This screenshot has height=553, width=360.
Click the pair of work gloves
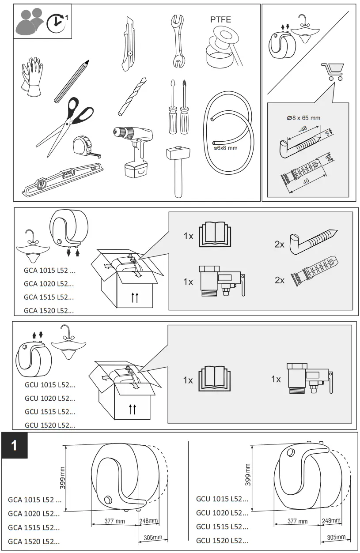pyautogui.click(x=31, y=78)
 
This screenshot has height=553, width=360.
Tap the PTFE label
pyautogui.click(x=220, y=20)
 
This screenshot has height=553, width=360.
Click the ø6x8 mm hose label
pyautogui.click(x=226, y=148)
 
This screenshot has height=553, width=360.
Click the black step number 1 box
pyautogui.click(x=15, y=445)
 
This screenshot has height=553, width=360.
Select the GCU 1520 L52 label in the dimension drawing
pyautogui.click(x=222, y=540)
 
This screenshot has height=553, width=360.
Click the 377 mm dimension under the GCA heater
pyautogui.click(x=114, y=521)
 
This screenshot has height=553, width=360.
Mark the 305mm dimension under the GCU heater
pyautogui.click(x=336, y=537)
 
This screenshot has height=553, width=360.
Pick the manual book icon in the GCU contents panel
pyautogui.click(x=215, y=379)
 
